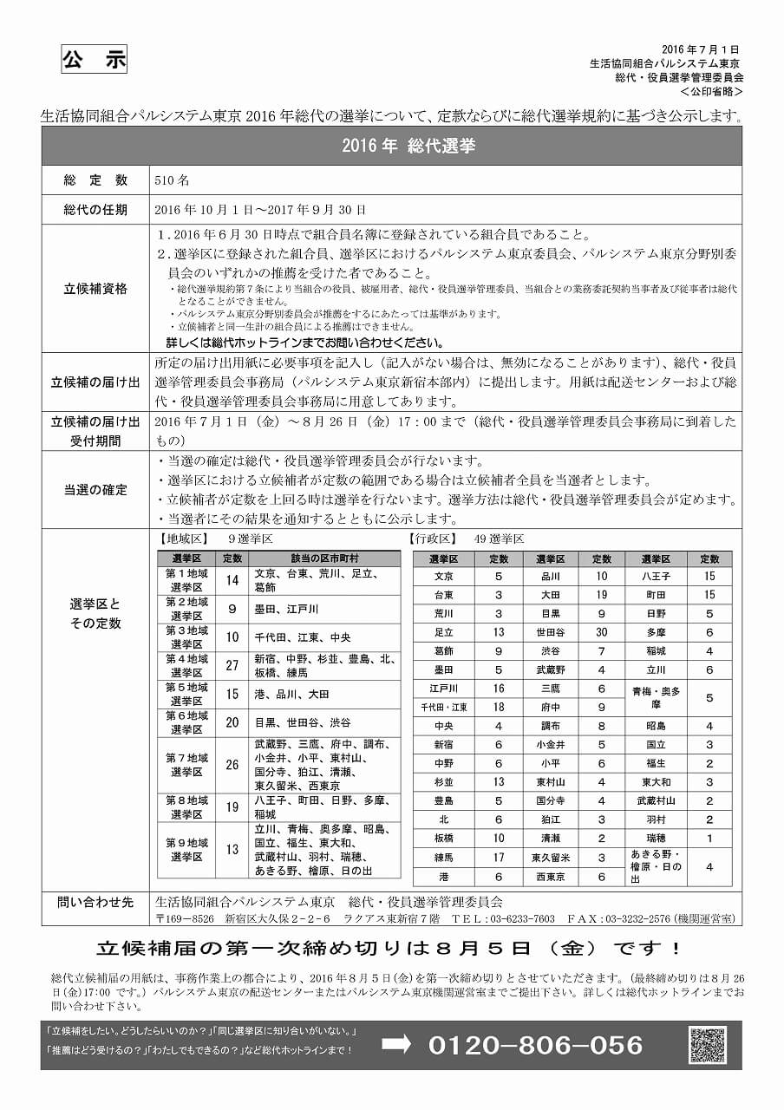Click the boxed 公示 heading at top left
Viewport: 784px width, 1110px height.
(x=95, y=60)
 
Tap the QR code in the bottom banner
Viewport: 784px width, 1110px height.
(x=707, y=1045)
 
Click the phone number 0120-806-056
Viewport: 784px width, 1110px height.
(x=535, y=1045)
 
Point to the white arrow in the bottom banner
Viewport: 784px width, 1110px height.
(x=395, y=1044)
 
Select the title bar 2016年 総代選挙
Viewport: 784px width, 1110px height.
(x=391, y=147)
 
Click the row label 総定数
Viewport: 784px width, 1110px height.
(x=95, y=180)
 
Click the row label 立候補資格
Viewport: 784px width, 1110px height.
(x=95, y=288)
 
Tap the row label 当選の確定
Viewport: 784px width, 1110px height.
(x=95, y=489)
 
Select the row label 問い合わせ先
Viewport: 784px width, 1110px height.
(x=95, y=903)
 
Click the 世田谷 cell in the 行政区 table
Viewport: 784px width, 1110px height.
(x=550, y=632)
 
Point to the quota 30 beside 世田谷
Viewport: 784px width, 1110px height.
(x=602, y=632)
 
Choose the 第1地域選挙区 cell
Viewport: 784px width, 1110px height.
(x=187, y=580)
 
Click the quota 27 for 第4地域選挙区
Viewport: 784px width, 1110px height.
(x=232, y=665)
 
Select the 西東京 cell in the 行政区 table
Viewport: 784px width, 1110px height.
(x=550, y=877)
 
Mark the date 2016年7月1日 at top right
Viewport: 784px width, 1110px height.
(x=700, y=49)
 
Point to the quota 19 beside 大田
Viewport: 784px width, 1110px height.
(x=602, y=595)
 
